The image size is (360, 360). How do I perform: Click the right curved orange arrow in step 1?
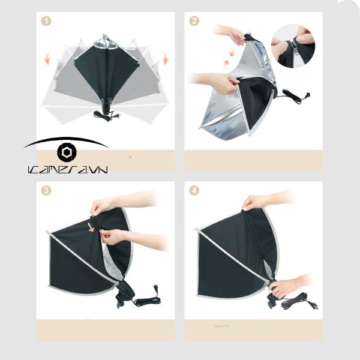click(164, 58)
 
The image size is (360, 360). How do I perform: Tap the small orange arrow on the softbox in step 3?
click(92, 227)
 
